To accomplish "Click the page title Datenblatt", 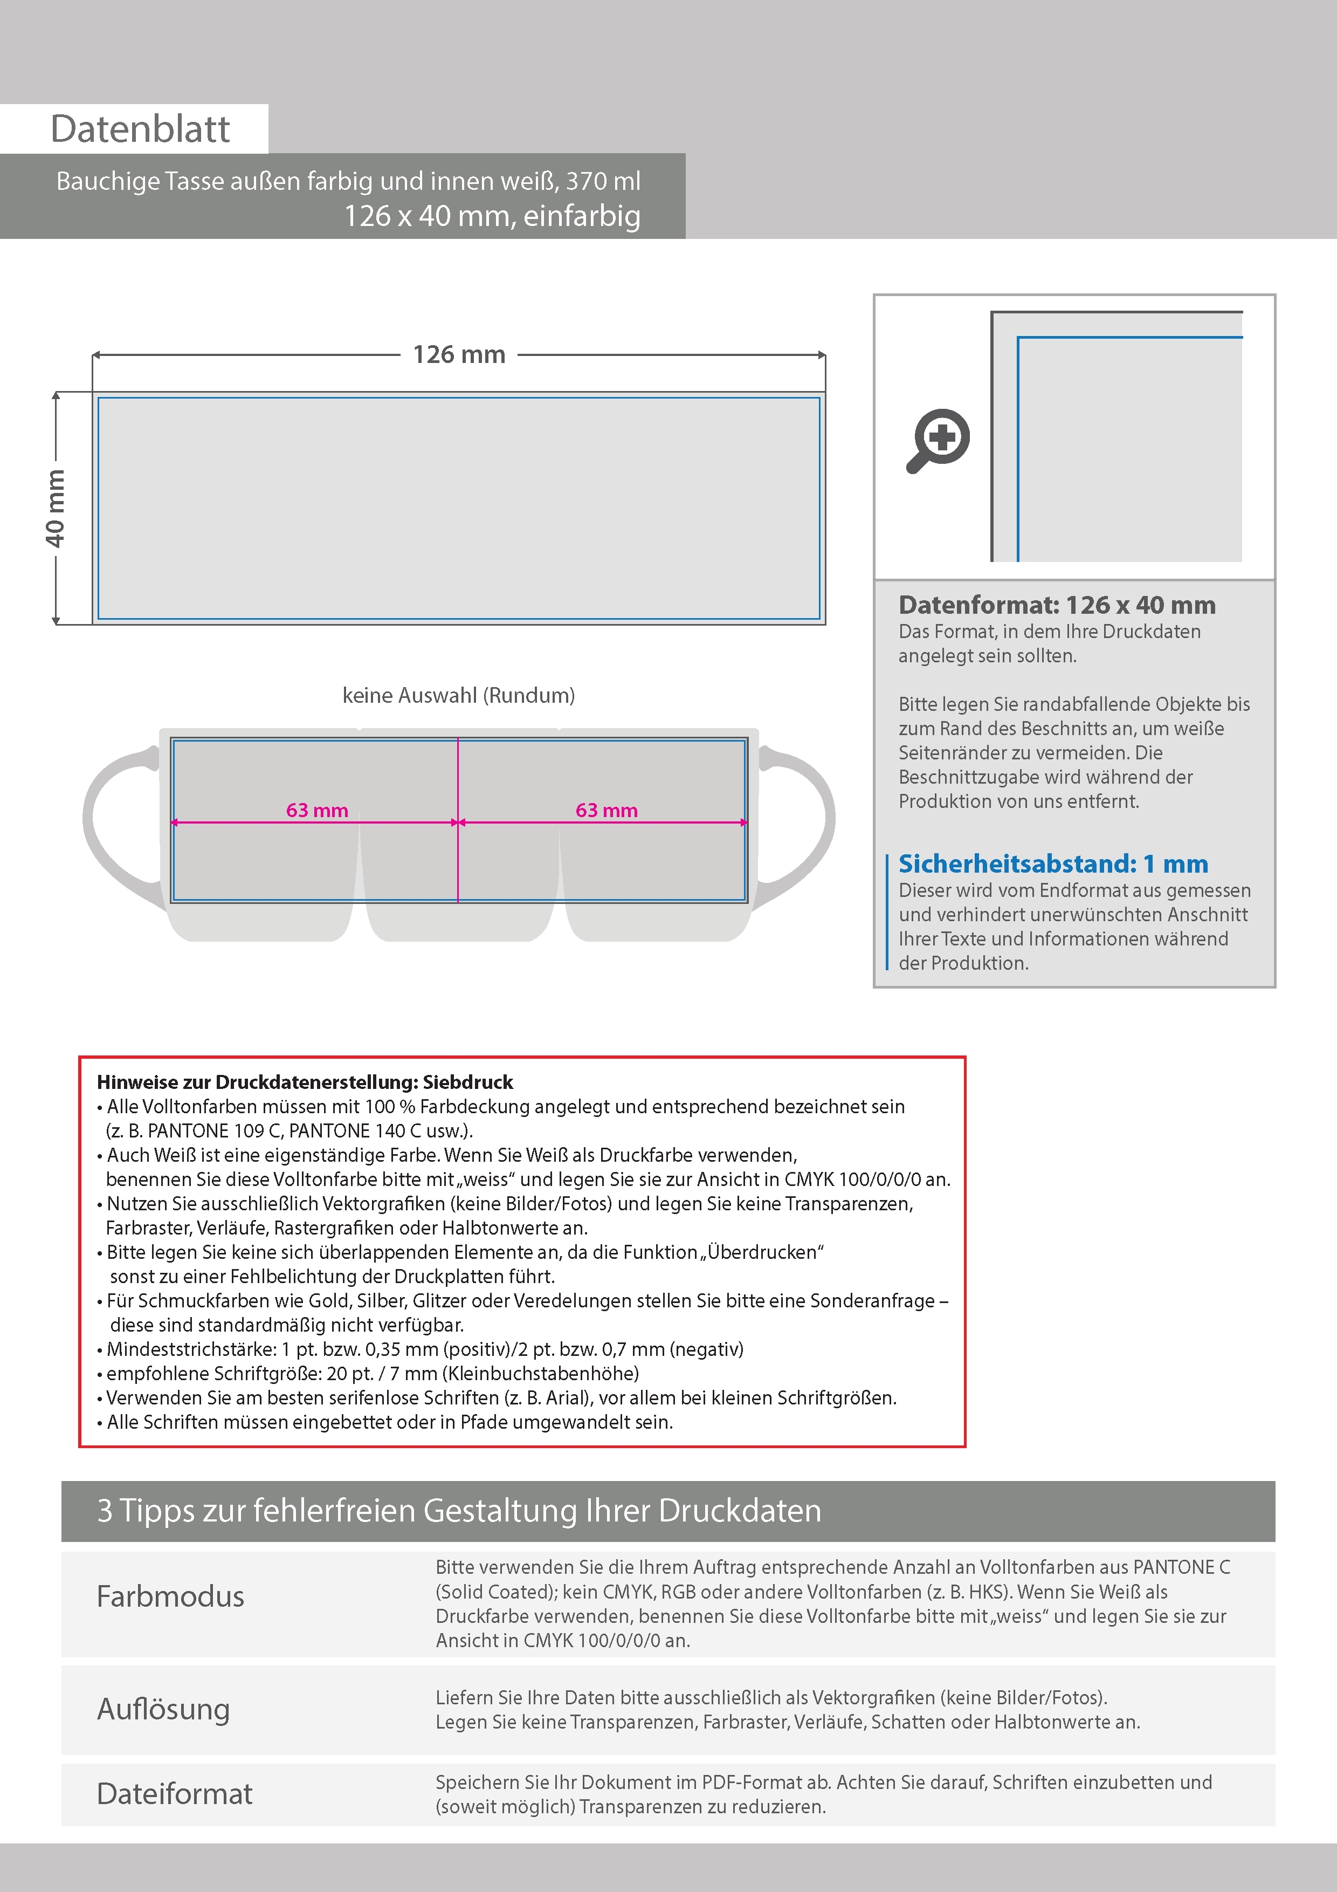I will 140,129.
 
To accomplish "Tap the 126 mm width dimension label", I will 459,355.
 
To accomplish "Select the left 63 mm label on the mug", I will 317,811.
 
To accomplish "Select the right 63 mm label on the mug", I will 607,811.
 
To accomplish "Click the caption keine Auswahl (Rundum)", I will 458,696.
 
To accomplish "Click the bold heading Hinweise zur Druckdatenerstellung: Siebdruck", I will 305,1082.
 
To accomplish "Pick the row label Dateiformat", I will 175,1794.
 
